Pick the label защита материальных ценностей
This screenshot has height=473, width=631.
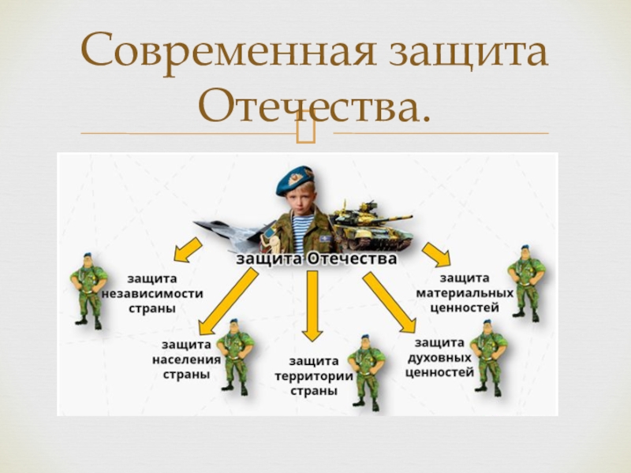tap(465, 292)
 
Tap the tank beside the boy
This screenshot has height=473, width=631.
tap(370, 225)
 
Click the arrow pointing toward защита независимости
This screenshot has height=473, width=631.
tap(187, 249)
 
